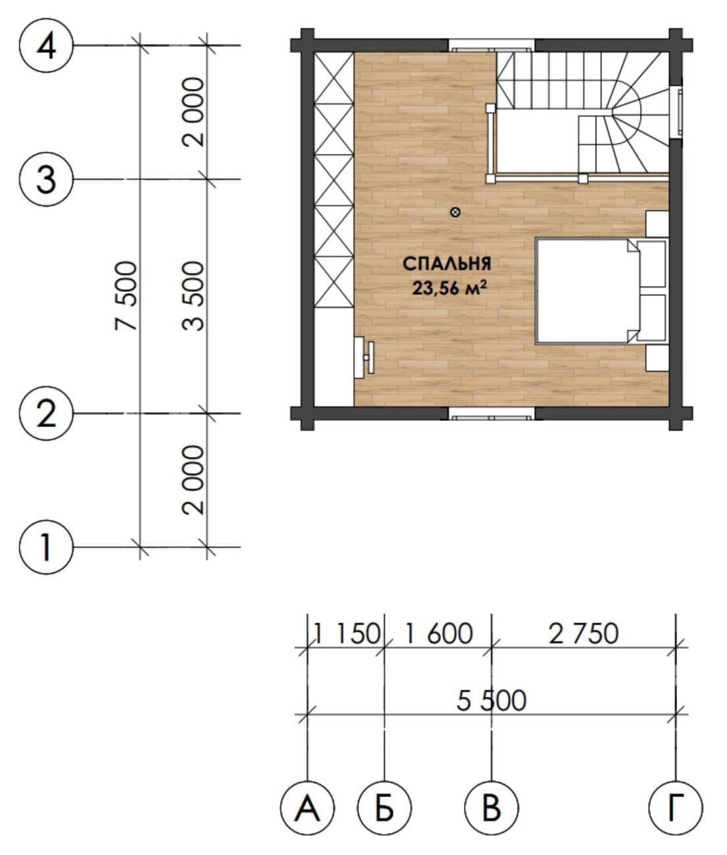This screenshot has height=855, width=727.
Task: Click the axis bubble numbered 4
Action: (x=46, y=45)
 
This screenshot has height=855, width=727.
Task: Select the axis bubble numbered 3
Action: (x=46, y=179)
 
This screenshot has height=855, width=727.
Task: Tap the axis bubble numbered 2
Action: (x=46, y=413)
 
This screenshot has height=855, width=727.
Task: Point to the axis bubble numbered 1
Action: (x=46, y=547)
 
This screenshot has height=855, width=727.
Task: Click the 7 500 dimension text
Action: (x=126, y=296)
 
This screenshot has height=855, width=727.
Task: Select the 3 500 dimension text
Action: (x=193, y=296)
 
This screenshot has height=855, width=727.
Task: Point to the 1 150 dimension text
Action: (x=347, y=633)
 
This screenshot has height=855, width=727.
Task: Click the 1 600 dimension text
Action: (x=438, y=633)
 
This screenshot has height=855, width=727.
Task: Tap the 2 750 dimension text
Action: (x=584, y=633)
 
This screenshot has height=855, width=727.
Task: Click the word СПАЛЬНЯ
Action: (x=447, y=264)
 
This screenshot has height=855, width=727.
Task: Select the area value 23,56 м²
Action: (x=449, y=288)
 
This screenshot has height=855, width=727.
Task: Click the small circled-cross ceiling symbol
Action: (x=455, y=212)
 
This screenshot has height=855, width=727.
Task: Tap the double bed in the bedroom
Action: (x=601, y=291)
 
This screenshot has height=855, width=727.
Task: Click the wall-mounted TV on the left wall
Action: (x=364, y=356)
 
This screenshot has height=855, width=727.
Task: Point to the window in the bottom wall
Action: (x=491, y=414)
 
